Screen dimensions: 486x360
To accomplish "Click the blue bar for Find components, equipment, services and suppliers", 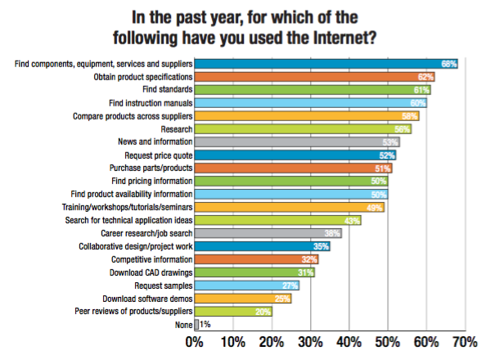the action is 326,64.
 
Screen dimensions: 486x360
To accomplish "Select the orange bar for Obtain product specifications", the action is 315,77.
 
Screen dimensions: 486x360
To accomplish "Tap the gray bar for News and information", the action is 297,142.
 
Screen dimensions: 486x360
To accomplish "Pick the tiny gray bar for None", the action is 196,325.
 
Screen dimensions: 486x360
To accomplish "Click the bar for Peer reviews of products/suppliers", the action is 233,311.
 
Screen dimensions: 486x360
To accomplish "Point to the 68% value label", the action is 449,64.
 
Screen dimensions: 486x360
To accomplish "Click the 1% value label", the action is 205,325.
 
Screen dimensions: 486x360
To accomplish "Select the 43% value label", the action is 352,221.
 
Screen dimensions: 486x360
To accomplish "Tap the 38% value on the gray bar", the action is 332,233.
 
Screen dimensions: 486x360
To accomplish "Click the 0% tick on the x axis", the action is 195,342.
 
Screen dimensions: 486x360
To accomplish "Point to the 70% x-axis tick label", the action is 464,342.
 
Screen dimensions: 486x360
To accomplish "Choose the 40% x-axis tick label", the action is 349,342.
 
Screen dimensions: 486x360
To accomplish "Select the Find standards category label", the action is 168,89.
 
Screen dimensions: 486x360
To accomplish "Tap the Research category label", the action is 177,129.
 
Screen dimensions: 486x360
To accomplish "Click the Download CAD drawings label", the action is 151,272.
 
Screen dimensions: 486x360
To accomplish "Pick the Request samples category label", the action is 164,286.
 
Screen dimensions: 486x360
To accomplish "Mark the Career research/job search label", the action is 146,233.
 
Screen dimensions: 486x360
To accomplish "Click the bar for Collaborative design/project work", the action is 262,246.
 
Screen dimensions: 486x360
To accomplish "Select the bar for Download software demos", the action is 243,299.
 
